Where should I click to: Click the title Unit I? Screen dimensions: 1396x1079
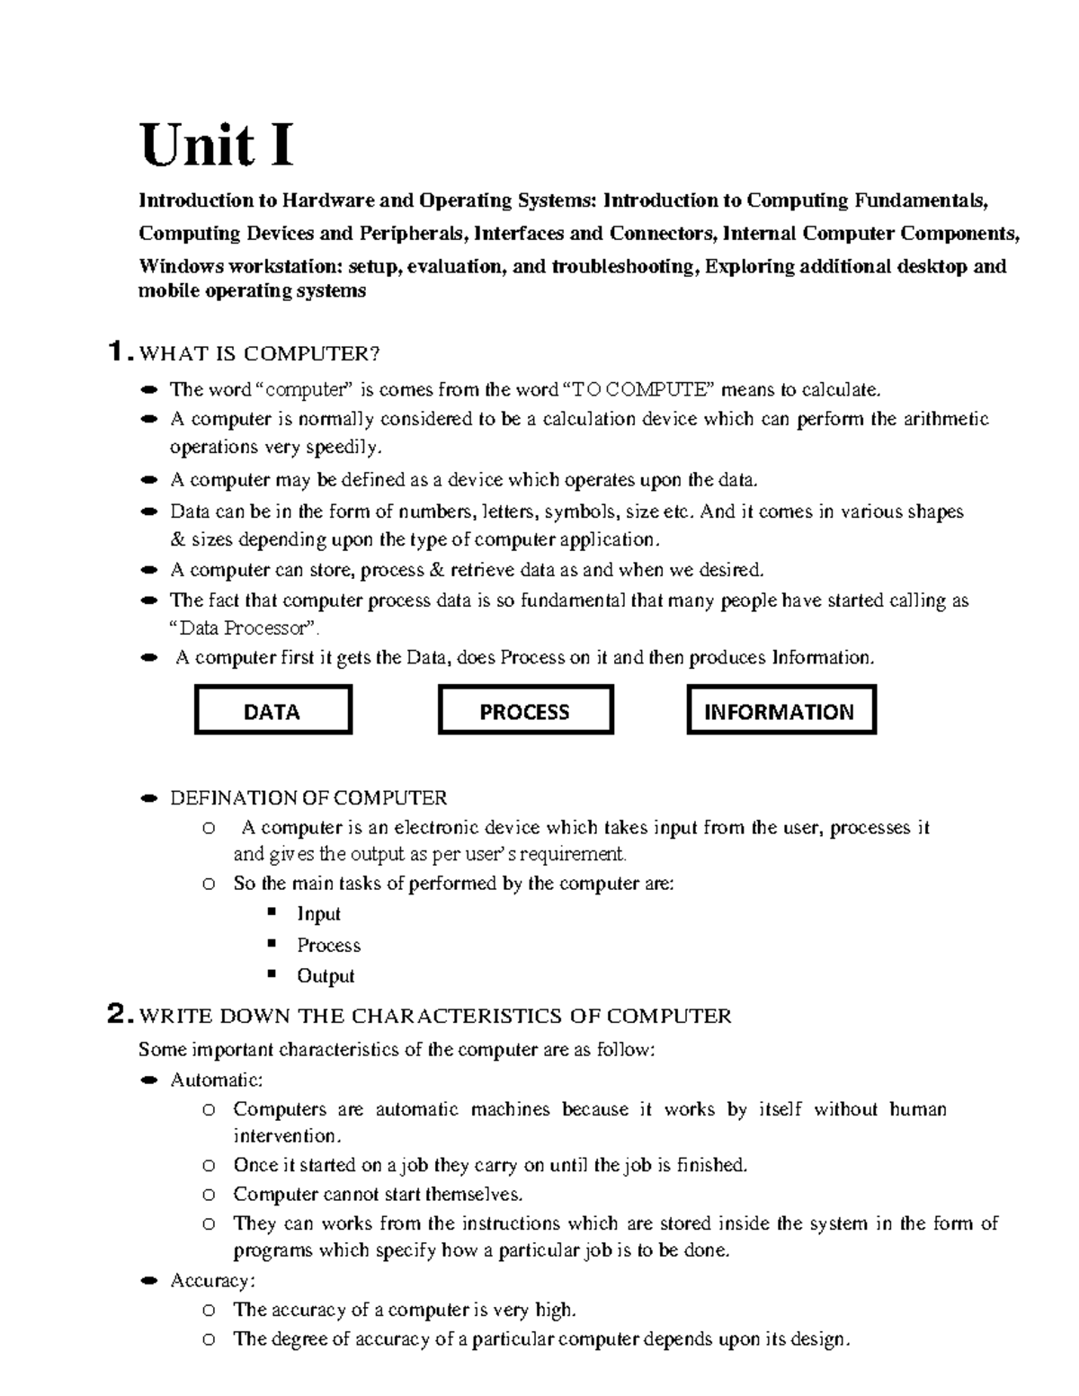click(217, 147)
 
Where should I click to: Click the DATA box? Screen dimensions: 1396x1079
click(272, 711)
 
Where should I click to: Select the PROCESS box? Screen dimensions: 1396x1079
click(525, 711)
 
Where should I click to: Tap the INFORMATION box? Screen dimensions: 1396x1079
click(780, 711)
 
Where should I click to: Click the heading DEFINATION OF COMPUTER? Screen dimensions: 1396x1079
click(308, 798)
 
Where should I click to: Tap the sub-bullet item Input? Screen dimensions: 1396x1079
click(318, 914)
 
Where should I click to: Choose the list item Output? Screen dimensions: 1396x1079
click(325, 976)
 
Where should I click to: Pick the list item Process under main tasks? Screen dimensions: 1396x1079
click(328, 946)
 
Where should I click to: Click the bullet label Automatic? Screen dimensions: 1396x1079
click(217, 1080)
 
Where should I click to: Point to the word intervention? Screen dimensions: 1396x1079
click(286, 1136)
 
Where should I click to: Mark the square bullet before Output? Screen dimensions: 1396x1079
click(270, 974)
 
